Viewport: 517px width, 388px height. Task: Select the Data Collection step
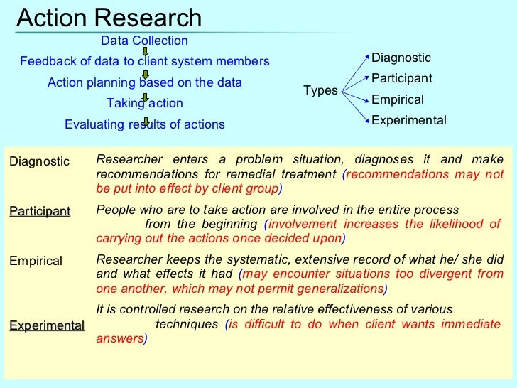click(x=144, y=41)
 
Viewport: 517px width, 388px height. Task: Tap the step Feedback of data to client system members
click(x=145, y=62)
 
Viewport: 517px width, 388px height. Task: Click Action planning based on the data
click(x=145, y=82)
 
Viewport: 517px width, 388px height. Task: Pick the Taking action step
click(x=145, y=104)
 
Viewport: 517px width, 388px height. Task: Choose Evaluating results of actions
click(x=145, y=125)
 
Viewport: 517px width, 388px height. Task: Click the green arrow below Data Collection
click(x=145, y=51)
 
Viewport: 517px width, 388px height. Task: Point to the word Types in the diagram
click(x=320, y=91)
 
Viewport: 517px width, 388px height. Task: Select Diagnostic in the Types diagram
click(x=401, y=58)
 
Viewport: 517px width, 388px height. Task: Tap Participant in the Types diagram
click(x=402, y=78)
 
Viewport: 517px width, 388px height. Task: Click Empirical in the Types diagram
click(x=398, y=99)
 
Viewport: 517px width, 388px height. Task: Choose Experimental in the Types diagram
click(x=409, y=120)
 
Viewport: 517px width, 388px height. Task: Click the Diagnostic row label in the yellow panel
click(x=40, y=162)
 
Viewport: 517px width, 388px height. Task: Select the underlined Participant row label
click(x=40, y=212)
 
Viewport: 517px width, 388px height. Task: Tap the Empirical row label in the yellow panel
click(x=36, y=261)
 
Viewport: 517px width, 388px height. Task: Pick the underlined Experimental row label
click(x=47, y=326)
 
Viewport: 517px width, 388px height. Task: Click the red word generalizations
click(x=340, y=289)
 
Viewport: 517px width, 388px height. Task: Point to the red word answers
click(x=119, y=339)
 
